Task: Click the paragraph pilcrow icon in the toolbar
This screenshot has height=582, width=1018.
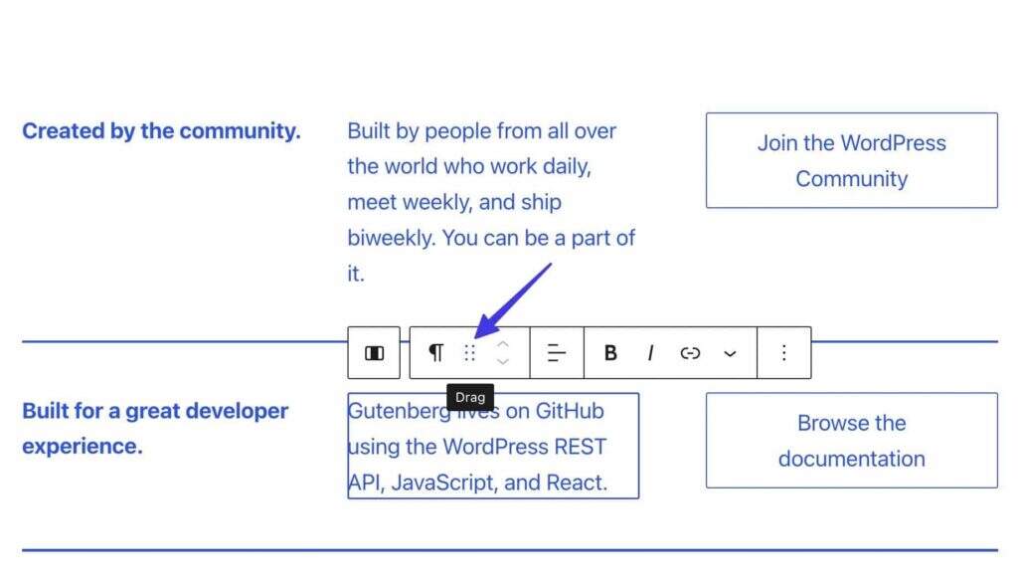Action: tap(435, 353)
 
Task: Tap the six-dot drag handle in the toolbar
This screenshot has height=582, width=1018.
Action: tap(470, 353)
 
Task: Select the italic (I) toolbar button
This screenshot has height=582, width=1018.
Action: tap(650, 353)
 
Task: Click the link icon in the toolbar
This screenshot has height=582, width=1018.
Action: tap(690, 353)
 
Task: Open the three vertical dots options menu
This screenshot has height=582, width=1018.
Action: tap(784, 353)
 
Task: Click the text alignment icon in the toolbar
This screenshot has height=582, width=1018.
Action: tap(557, 353)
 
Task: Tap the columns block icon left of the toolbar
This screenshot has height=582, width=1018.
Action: tap(374, 353)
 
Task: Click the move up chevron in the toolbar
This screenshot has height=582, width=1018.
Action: tap(502, 344)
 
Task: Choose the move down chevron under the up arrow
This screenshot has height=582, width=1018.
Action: tap(502, 361)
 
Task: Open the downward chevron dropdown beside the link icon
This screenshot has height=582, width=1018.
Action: tap(730, 353)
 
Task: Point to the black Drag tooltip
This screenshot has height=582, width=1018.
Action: tap(470, 397)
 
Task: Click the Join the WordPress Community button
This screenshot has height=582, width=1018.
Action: tap(852, 160)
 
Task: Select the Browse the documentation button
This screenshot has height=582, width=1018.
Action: tap(852, 441)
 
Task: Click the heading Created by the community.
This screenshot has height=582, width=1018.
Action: tap(161, 130)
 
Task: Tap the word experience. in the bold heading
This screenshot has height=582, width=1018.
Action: tap(82, 447)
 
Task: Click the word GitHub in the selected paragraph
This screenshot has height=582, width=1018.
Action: tap(570, 411)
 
